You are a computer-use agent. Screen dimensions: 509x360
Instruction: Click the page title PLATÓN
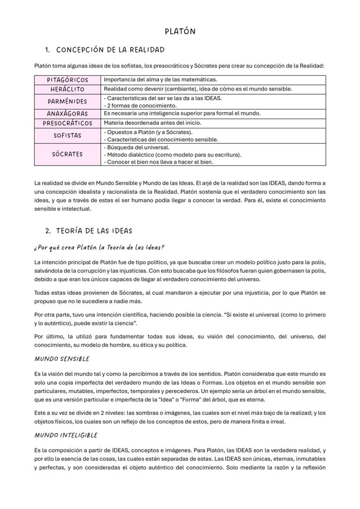[180, 31]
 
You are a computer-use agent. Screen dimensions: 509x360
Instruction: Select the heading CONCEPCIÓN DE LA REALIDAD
[110, 50]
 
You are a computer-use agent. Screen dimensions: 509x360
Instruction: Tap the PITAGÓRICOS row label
[67, 80]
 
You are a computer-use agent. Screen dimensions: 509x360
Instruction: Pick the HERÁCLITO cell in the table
[67, 89]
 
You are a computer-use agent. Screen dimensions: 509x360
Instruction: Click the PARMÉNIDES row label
[67, 102]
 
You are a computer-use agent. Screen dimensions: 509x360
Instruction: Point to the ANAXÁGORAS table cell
[67, 114]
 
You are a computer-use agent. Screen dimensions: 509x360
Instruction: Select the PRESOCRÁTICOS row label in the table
[67, 123]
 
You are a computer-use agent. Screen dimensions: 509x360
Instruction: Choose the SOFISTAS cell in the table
[67, 136]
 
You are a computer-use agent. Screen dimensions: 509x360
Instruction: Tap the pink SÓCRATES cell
[67, 154]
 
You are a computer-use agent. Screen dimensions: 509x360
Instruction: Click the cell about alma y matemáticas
[160, 80]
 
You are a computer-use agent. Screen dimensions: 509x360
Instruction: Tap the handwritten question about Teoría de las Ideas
[99, 247]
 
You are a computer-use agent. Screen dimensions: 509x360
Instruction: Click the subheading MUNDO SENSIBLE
[61, 359]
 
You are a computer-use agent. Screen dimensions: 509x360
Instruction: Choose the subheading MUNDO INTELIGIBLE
[66, 435]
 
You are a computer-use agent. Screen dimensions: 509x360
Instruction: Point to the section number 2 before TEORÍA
[48, 231]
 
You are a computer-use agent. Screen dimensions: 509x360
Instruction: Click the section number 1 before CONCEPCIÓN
[48, 50]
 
